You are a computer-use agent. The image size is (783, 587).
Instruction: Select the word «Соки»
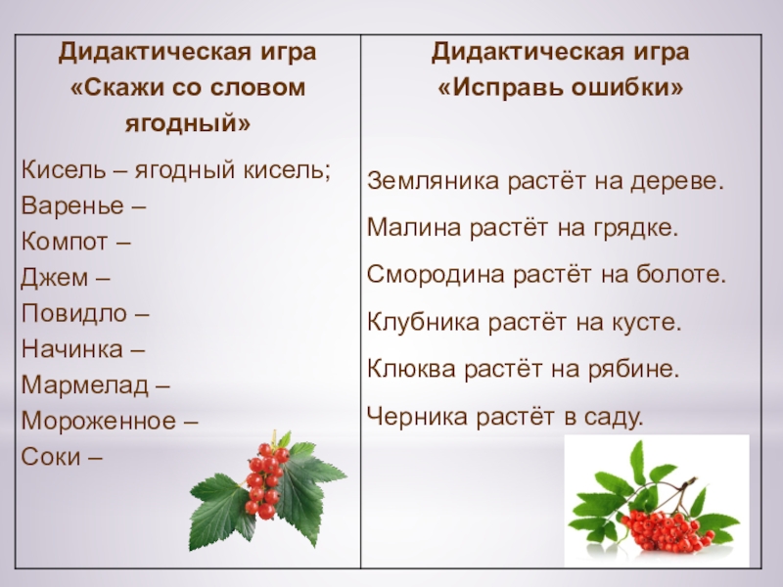49,456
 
